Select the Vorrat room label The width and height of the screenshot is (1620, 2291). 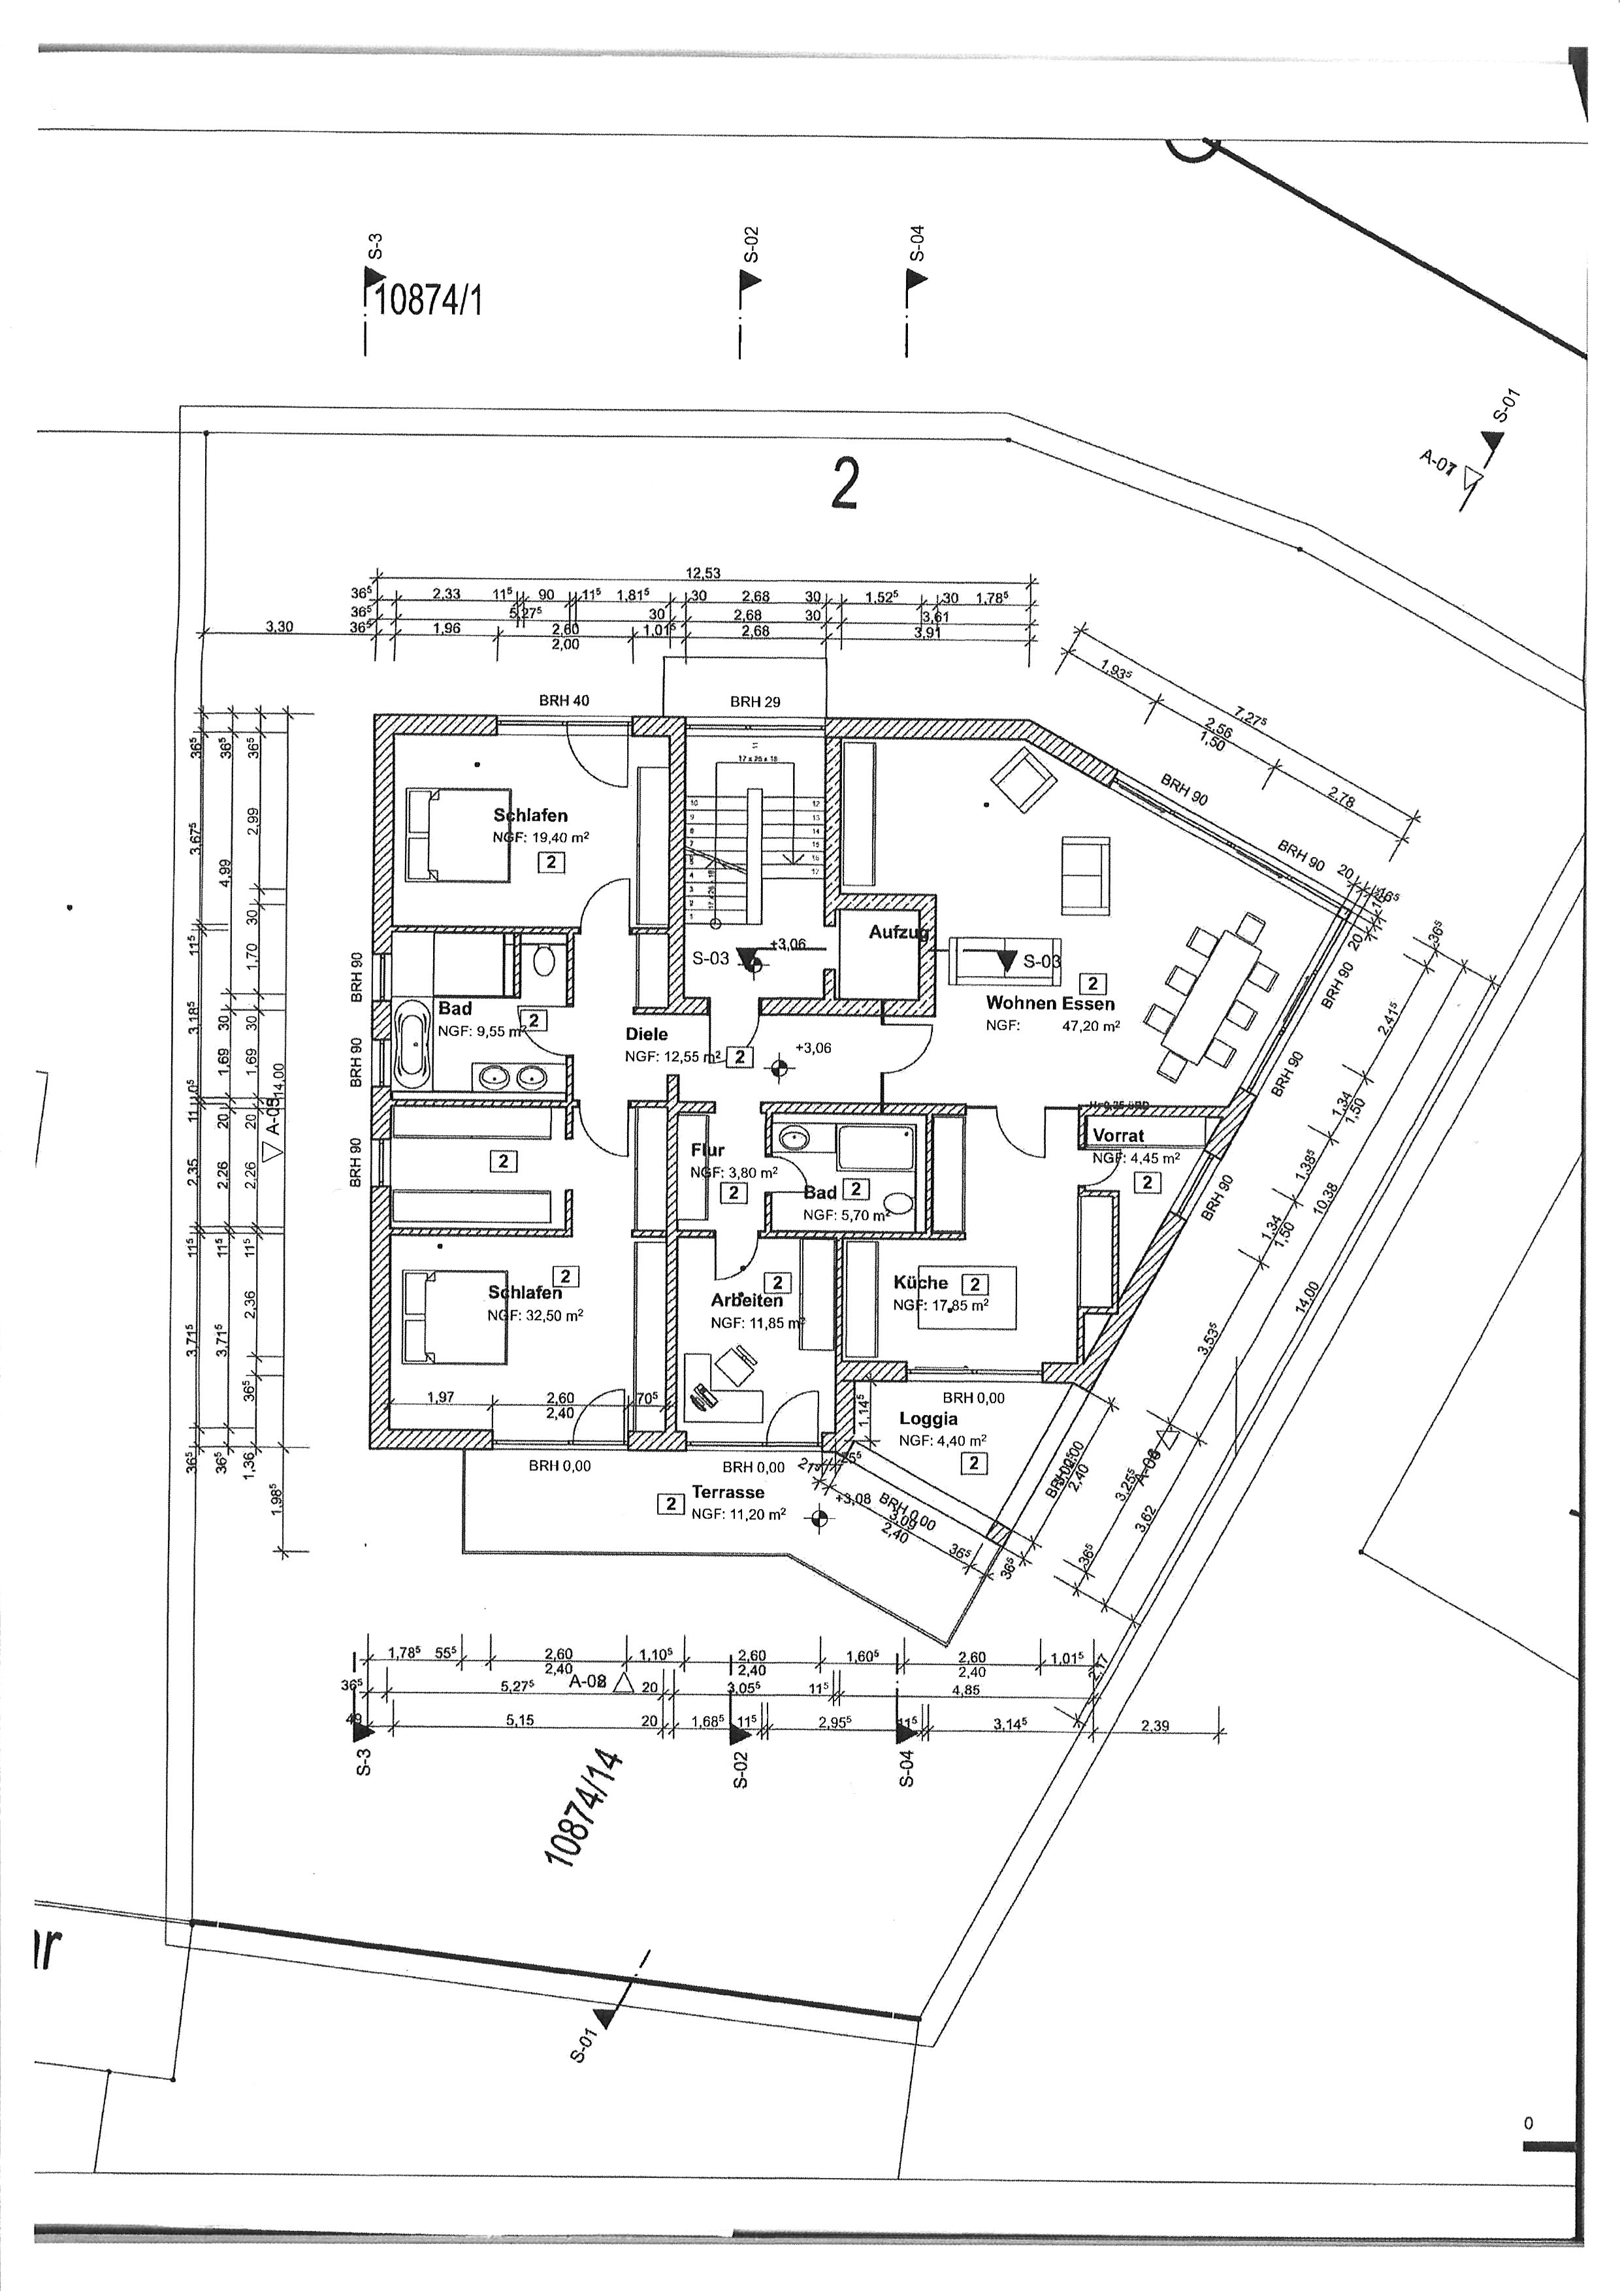point(1118,1135)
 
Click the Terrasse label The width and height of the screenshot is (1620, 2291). point(728,1493)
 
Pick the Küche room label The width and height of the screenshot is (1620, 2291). point(920,1283)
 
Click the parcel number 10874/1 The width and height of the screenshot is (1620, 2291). point(430,299)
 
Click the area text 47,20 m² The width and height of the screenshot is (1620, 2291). point(1093,1026)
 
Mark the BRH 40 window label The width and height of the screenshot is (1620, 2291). point(564,700)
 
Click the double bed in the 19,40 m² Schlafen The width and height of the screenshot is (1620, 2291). point(459,834)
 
